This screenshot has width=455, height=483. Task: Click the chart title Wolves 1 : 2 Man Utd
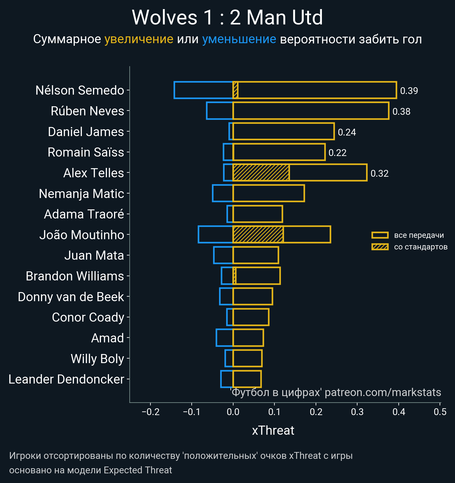point(227,18)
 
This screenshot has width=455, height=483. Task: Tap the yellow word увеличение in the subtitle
point(139,39)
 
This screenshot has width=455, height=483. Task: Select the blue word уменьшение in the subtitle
point(239,39)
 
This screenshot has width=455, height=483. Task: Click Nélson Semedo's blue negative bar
point(203,90)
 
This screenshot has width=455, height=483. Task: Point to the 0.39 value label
point(409,91)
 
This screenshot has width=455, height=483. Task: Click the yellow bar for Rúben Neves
point(311,111)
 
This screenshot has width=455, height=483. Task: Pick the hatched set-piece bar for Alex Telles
point(261,172)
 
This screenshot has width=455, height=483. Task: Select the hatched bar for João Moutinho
point(258,234)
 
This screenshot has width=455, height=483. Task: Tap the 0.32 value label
point(379,174)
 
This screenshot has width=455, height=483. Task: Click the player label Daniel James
point(86,132)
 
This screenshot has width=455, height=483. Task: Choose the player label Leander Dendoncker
point(66,379)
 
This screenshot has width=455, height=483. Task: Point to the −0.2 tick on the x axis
point(150,412)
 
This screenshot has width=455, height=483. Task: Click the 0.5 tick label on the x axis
point(440,412)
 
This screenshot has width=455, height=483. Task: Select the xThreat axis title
point(273,430)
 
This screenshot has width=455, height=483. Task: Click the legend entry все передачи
point(419,235)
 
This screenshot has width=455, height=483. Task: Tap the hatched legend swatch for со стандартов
point(380,247)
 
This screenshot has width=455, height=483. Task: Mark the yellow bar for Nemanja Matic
point(269,193)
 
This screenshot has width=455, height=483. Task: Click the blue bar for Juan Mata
point(223,255)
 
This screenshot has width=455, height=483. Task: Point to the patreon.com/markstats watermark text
point(383,392)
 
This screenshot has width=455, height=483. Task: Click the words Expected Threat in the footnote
point(138,470)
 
